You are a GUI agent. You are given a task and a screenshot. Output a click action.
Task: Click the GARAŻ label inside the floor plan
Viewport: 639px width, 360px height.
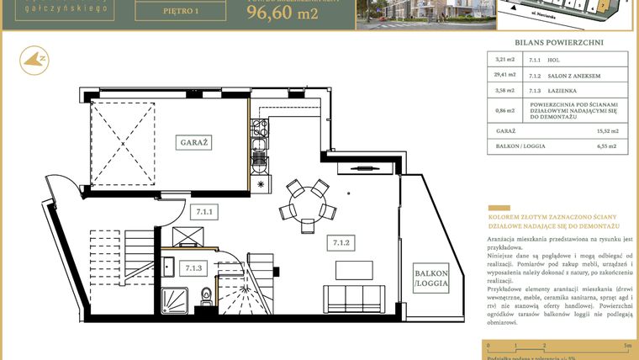point(194,143)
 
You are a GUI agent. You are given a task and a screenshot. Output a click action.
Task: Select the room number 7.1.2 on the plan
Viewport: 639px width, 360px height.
point(341,244)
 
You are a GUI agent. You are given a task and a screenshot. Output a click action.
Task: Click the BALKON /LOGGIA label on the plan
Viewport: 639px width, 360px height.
point(430,279)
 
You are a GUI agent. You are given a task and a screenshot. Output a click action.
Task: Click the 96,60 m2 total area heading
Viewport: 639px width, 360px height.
point(283,13)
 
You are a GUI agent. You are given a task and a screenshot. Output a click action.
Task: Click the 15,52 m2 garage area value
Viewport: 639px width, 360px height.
point(607,131)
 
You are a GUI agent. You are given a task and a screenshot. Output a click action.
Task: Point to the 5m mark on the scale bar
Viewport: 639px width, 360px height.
point(626,346)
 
